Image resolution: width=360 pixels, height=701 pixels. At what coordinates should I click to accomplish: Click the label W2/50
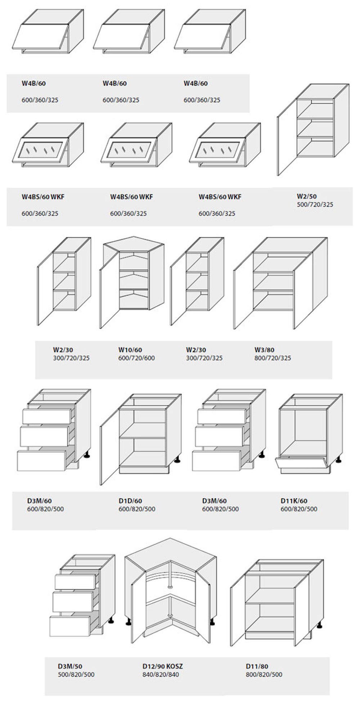click(x=306, y=196)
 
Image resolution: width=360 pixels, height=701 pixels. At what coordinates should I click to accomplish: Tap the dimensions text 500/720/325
click(x=315, y=205)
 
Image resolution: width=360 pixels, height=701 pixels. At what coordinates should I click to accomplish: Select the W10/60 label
click(x=130, y=350)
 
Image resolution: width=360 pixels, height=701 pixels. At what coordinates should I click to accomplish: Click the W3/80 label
click(x=264, y=350)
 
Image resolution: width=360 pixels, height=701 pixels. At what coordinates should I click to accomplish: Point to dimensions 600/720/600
click(x=136, y=358)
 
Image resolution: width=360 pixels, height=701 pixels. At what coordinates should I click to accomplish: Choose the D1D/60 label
click(x=130, y=500)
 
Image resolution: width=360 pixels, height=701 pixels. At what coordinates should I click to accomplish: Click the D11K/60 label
click(x=294, y=500)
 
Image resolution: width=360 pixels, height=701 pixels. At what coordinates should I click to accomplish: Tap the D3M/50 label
click(x=70, y=666)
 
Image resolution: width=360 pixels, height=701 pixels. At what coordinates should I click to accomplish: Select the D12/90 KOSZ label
click(x=162, y=666)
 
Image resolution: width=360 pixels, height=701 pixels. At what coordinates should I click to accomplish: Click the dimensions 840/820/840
click(x=161, y=674)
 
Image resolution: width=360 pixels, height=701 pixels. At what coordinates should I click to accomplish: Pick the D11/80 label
click(x=257, y=666)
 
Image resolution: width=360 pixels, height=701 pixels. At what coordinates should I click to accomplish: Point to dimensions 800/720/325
click(x=273, y=358)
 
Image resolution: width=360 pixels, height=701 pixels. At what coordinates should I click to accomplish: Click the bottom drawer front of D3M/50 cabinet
click(x=70, y=626)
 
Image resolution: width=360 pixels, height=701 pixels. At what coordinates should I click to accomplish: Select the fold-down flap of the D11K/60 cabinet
click(x=301, y=464)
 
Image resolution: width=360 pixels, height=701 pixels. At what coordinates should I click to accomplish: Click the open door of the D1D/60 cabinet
click(x=109, y=446)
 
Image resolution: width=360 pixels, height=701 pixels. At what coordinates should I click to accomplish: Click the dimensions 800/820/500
click(x=264, y=674)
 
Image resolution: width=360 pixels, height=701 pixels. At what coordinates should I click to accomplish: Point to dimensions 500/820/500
click(x=76, y=674)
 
